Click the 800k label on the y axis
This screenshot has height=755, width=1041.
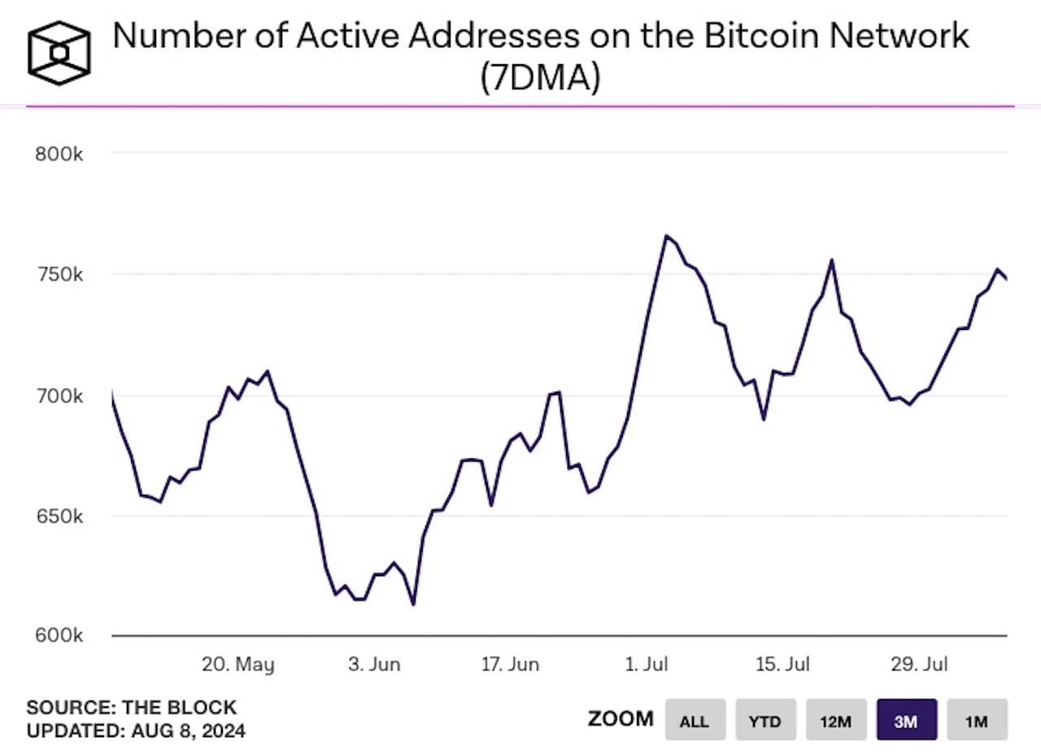tap(59, 154)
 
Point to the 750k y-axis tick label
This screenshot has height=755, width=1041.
tap(59, 275)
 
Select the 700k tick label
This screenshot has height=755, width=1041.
tap(59, 396)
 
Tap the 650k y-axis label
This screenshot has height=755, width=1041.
tap(59, 517)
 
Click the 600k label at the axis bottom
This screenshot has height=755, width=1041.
tap(59, 635)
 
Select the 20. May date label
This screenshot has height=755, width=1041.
tap(238, 664)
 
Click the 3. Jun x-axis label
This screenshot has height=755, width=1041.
tap(374, 664)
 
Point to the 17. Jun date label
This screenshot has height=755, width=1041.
tap(510, 664)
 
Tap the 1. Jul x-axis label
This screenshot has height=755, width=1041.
tap(647, 664)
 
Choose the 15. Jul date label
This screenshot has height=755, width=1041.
tap(782, 664)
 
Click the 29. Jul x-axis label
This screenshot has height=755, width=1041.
tap(918, 664)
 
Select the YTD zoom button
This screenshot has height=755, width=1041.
tap(764, 720)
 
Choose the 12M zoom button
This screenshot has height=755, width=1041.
tap(836, 720)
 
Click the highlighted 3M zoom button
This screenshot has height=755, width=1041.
tap(906, 720)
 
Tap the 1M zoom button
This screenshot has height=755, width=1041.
tap(977, 720)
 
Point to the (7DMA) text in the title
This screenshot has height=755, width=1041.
tap(540, 79)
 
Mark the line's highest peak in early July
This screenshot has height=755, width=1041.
tap(666, 236)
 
